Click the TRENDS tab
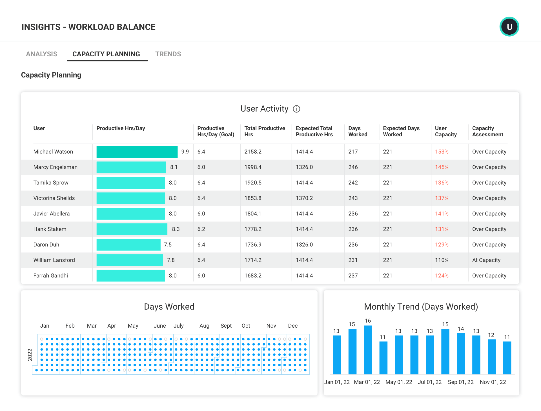coord(168,54)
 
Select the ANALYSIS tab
coord(41,54)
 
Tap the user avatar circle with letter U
coord(509,27)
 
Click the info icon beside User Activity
coord(296,109)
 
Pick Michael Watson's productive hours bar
coord(137,152)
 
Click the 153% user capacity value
coord(442,152)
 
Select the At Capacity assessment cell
coord(486,260)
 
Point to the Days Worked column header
coord(358,131)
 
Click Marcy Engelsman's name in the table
coord(55,167)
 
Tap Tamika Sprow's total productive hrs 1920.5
coord(253,183)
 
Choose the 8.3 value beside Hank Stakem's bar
coord(176,229)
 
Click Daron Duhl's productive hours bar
coord(128,245)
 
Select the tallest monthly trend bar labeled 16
coord(368,350)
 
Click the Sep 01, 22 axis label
coord(460,382)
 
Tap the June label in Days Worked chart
coord(159,326)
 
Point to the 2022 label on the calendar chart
coord(30,355)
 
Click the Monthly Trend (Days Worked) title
coord(421,307)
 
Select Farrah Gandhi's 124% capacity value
coord(442,276)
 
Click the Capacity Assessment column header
coord(487,131)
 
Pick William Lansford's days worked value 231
coord(353,260)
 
